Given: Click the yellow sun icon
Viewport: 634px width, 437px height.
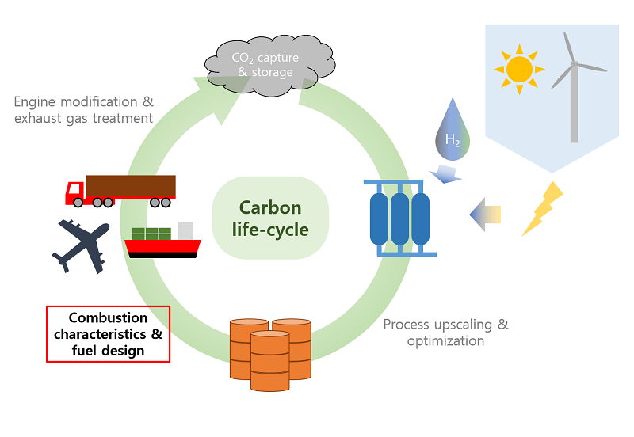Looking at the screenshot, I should point(519,70).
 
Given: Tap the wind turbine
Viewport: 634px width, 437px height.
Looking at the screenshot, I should point(574,87).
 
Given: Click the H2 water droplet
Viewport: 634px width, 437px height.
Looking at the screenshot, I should point(452,129).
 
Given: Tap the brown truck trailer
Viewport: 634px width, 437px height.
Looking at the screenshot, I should point(131,187).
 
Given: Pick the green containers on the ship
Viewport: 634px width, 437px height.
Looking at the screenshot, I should point(151,234).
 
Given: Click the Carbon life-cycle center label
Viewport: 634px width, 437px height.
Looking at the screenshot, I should point(270,219).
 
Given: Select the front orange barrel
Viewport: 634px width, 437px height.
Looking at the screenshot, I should point(270,360).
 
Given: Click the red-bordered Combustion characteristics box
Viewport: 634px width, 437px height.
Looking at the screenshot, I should point(109,334).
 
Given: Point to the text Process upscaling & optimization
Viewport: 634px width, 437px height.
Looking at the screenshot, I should point(445,332).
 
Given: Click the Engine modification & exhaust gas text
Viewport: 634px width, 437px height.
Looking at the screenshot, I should point(83,110).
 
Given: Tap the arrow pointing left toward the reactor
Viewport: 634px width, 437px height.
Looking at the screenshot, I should point(484,215).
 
